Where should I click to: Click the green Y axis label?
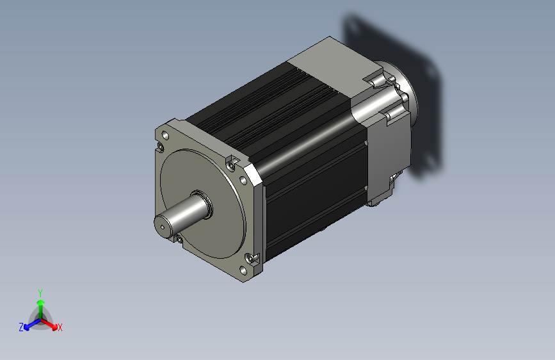[40, 293]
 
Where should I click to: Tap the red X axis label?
[60, 327]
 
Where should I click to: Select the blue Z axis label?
[21, 327]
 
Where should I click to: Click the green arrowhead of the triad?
[41, 303]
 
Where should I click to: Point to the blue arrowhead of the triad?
[26, 327]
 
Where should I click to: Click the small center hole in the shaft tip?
[163, 227]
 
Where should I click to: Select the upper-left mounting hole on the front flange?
[165, 135]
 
